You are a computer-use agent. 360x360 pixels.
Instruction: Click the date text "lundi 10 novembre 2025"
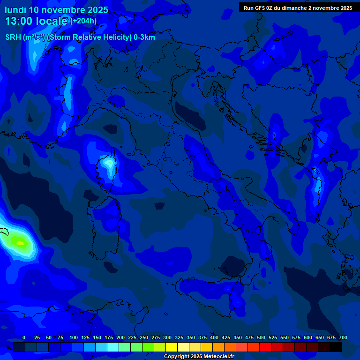pos(56,10)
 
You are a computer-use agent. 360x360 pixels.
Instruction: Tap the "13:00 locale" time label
pos(37,21)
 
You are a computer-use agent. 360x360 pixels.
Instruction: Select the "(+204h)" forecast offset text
pos(83,21)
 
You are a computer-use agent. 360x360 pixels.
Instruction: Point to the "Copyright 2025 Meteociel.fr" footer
pos(198,356)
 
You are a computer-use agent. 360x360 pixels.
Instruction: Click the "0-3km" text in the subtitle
pos(144,37)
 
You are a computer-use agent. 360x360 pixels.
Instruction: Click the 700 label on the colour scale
pos(343,337)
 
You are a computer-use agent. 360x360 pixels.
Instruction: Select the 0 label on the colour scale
pos(24,337)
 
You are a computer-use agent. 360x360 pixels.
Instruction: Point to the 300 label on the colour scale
pos(167,337)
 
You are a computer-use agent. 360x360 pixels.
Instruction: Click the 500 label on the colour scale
pos(261,337)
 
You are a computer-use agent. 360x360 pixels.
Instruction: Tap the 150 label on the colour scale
pos(97,337)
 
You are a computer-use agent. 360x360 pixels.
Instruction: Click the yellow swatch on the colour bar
pos(172,347)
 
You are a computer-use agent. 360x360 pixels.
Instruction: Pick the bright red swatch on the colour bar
pos(265,347)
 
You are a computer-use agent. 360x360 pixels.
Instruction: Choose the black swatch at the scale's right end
pos(336,347)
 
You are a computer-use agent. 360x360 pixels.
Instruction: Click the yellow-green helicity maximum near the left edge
pos(19,242)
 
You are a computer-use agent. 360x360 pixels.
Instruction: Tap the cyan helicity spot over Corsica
pos(109,163)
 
